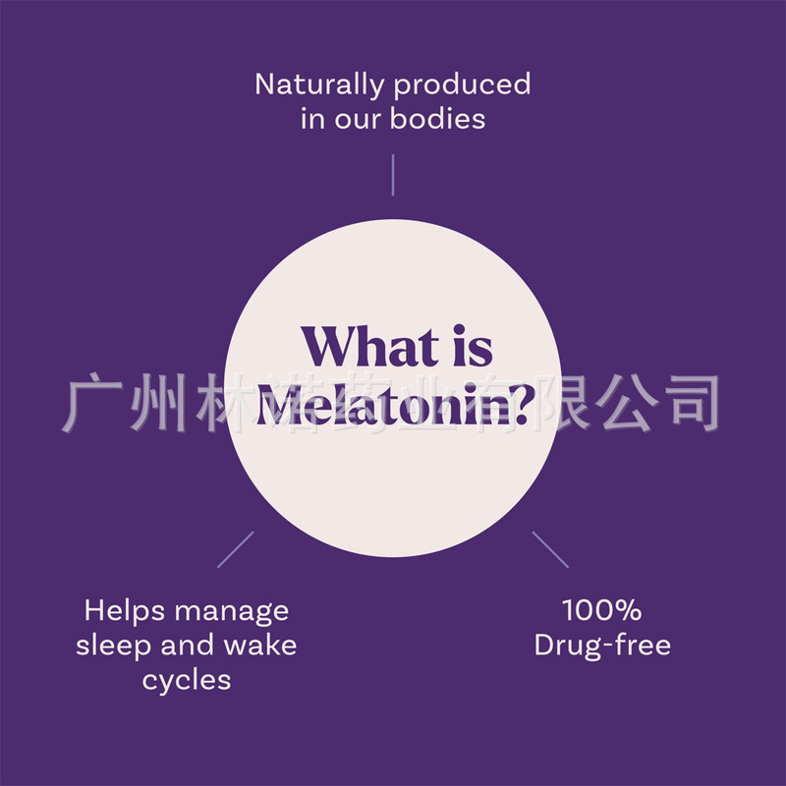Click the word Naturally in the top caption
click(320, 84)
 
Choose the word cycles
click(186, 681)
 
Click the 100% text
click(601, 610)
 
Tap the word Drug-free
click(602, 646)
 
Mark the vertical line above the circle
click(393, 174)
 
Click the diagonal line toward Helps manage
click(235, 549)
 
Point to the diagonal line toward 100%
click(550, 549)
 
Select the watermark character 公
click(626, 403)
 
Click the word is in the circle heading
click(470, 349)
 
